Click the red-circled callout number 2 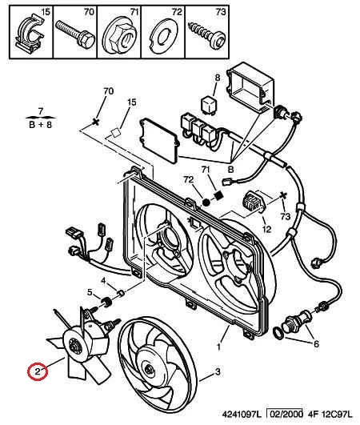[38, 371]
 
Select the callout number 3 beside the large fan [218, 371]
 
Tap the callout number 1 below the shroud [218, 347]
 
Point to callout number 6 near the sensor [316, 344]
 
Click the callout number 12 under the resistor [267, 229]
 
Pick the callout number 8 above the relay [218, 78]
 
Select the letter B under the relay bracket [230, 170]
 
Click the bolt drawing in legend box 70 [75, 34]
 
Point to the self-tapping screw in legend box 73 [207, 35]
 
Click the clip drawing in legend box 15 [31, 33]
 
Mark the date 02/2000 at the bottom [285, 414]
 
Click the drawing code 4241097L [242, 414]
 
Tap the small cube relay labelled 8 [210, 104]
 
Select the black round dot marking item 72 [206, 202]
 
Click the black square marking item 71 [218, 195]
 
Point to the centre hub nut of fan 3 [148, 369]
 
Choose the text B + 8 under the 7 [40, 125]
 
